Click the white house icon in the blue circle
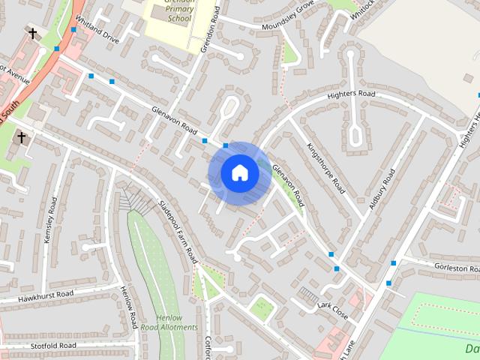click(240, 173)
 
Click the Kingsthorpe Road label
click(326, 164)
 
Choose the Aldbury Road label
click(381, 193)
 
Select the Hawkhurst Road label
click(46, 295)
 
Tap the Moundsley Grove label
click(287, 20)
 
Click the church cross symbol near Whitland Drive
click(32, 34)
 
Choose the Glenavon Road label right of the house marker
click(289, 187)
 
